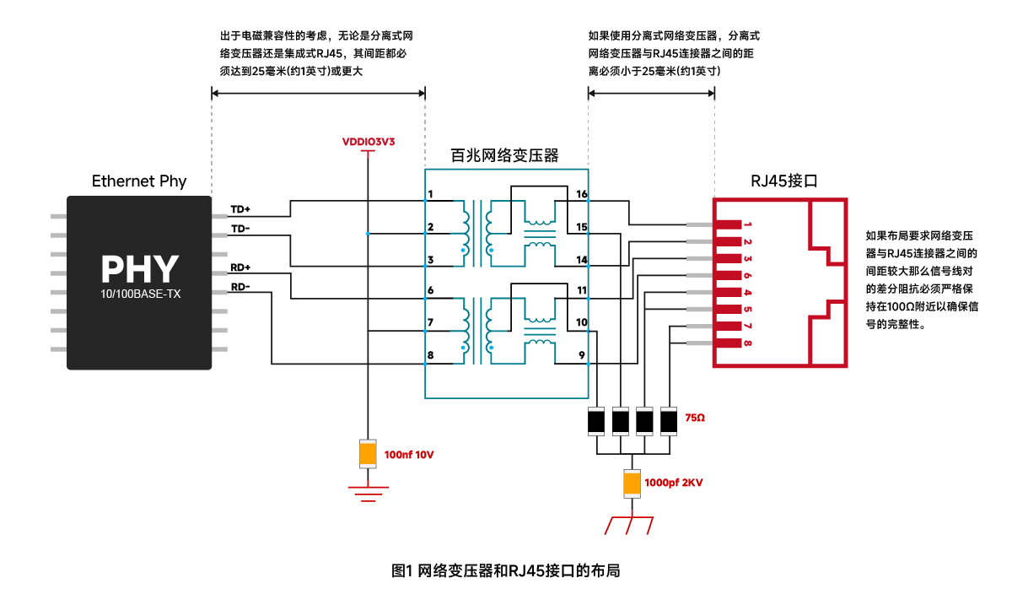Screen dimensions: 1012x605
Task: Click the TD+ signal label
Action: click(240, 209)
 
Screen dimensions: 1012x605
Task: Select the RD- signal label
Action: click(240, 287)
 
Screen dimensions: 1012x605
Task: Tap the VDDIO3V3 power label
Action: click(369, 142)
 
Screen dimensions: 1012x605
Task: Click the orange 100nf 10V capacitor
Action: click(368, 453)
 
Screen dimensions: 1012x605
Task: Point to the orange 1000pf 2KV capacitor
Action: click(632, 483)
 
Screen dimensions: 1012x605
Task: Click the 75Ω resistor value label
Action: click(695, 418)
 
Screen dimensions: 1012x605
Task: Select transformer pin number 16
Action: click(581, 194)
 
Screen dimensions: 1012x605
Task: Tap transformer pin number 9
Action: click(582, 355)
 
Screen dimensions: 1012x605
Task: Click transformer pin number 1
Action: click(431, 194)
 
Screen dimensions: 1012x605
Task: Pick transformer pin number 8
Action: click(431, 355)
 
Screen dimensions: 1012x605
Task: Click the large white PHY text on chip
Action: click(139, 268)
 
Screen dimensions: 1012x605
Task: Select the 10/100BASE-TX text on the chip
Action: click(140, 294)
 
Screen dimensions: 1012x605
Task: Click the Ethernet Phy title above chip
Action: click(139, 181)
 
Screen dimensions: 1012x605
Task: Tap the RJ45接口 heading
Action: click(783, 181)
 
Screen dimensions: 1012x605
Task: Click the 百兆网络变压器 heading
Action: click(504, 155)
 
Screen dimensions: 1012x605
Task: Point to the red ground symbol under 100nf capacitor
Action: click(369, 494)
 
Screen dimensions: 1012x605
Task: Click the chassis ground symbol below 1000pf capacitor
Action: click(629, 526)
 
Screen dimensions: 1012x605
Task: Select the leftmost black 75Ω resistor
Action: click(596, 421)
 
